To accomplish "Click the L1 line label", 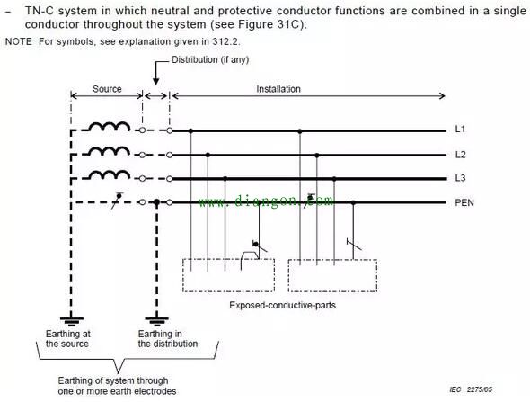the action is [460, 130].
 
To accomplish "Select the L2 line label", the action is [460, 155].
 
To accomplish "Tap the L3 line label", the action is [460, 178].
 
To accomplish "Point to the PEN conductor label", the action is [464, 202].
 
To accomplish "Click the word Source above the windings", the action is [107, 89].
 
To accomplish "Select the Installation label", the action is [278, 89].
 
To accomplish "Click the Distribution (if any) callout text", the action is [210, 60].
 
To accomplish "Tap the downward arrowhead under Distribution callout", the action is [155, 81].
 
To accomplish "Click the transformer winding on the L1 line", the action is [110, 127].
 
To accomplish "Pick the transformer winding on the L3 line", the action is [110, 175].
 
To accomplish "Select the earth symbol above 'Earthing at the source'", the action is [71, 321].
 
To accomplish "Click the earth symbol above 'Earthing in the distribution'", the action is [157, 321].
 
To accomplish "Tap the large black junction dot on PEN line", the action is [156, 202].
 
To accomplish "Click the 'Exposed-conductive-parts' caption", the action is [283, 305].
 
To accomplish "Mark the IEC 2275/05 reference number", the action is [471, 389].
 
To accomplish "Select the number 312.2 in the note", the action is [225, 41].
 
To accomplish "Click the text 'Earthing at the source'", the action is [68, 339].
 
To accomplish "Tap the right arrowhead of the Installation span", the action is [442, 95].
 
